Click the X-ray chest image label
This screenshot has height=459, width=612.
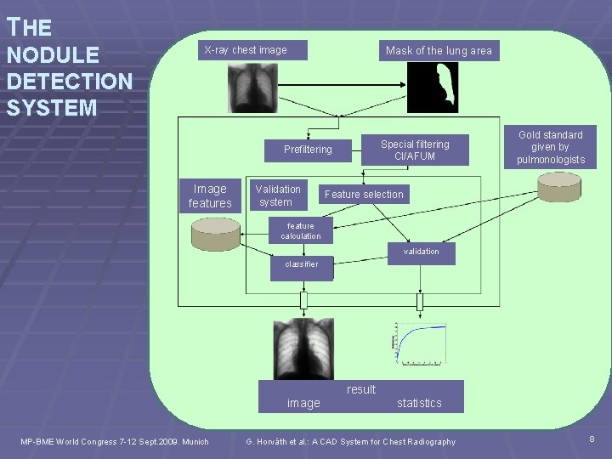(245, 50)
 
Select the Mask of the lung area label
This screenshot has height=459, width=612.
(439, 51)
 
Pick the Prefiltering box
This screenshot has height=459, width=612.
(308, 150)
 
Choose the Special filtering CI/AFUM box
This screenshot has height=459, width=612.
(415, 150)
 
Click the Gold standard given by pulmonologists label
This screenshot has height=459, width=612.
(551, 147)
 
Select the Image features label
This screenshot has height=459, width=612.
(210, 196)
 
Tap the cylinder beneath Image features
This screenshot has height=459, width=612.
(216, 235)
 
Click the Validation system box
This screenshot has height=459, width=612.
(278, 195)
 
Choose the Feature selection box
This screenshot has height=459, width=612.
(364, 195)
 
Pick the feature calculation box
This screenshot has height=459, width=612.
(301, 231)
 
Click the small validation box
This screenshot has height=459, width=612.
(422, 252)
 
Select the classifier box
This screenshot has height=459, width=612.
(302, 264)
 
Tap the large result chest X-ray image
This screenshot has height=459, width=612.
(303, 348)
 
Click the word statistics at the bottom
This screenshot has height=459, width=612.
(419, 403)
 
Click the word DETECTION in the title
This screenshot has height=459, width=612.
(69, 82)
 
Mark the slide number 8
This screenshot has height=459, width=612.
(592, 438)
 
